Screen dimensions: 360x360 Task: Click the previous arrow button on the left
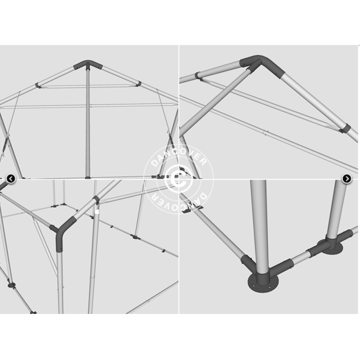click(11, 179)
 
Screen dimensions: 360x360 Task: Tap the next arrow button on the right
click(346, 179)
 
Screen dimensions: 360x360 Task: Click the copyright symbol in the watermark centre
click(179, 178)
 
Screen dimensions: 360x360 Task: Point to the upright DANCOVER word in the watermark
click(179, 156)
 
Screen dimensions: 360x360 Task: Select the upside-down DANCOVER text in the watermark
click(179, 202)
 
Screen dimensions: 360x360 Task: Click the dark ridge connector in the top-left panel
click(88, 65)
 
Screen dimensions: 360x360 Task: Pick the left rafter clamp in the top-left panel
click(38, 86)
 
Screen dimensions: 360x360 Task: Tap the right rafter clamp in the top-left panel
click(138, 84)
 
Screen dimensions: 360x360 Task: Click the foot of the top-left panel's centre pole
click(88, 177)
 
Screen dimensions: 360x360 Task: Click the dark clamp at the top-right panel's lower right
click(345, 129)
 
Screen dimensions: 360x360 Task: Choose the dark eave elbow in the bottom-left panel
click(64, 233)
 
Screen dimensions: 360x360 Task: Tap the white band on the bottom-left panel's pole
click(97, 211)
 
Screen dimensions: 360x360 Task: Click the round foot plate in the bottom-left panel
click(11, 286)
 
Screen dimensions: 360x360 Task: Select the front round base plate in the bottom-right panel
click(263, 283)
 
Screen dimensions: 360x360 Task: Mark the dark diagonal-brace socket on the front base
click(248, 264)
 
